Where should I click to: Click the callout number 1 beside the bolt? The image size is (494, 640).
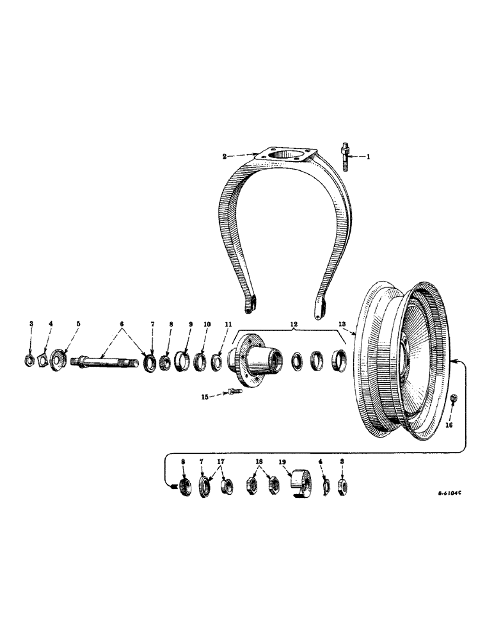point(367,156)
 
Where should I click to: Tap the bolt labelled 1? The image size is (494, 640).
point(343,156)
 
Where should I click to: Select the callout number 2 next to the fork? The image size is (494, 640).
point(225,156)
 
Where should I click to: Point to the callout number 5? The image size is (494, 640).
point(78,324)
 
